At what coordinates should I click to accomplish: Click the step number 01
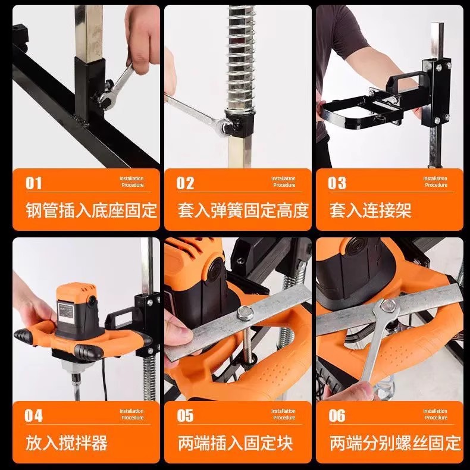click(33, 183)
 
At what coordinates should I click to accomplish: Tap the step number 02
click(185, 183)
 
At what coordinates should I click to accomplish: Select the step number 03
click(337, 183)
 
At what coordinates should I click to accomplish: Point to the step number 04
click(33, 416)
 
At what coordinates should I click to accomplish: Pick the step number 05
click(185, 416)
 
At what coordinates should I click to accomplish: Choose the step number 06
click(337, 416)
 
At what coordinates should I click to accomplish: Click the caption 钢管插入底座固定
click(91, 210)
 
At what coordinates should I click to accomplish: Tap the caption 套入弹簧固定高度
click(243, 210)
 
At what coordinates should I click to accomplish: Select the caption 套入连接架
click(370, 210)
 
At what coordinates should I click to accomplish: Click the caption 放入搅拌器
click(66, 443)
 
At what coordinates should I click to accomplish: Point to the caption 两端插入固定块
click(235, 443)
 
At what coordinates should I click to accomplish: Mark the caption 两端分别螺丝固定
click(395, 443)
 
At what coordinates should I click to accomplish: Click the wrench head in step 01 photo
click(107, 99)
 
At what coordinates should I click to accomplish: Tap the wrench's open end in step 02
click(226, 126)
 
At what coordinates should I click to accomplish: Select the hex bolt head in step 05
click(245, 313)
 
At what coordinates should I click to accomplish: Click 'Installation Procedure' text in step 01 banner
click(132, 181)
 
